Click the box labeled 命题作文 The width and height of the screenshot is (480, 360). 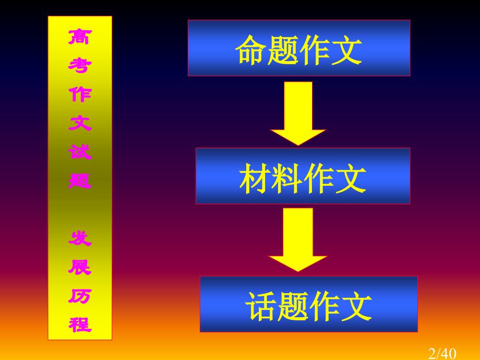tap(299, 48)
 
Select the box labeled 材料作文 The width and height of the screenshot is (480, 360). tap(303, 176)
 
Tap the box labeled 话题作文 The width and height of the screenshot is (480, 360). tap(308, 304)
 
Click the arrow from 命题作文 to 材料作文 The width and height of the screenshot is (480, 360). tap(298, 114)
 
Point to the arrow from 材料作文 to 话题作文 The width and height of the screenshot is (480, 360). tap(298, 239)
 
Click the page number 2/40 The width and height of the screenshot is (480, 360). tap(442, 354)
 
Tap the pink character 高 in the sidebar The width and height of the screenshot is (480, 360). tap(80, 37)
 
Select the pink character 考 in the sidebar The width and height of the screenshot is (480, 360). tap(80, 65)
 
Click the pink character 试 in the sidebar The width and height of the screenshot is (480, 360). tap(80, 152)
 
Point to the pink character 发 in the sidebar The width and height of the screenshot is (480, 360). tap(80, 238)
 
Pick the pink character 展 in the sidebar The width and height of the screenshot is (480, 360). tap(80, 267)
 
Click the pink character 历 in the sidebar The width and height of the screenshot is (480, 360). tap(80, 296)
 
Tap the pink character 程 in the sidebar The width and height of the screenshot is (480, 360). tap(80, 325)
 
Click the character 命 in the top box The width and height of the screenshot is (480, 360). tap(250, 50)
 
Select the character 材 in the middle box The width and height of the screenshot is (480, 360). tap(255, 178)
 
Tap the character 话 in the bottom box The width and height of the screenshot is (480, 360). tap(260, 306)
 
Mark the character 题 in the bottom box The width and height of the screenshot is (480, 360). tap(293, 306)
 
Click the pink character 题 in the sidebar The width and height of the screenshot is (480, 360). tap(80, 181)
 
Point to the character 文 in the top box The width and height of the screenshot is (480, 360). tap(347, 50)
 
